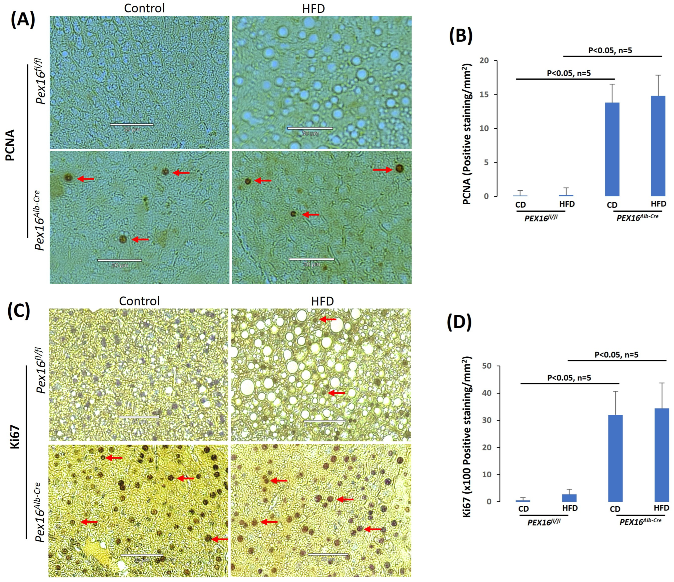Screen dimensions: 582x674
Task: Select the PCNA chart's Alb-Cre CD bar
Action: [x=612, y=149]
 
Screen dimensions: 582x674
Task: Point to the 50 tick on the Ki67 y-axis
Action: [x=487, y=366]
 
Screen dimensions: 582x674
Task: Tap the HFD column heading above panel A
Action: [x=313, y=9]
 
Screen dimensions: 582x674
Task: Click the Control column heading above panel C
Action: [x=139, y=301]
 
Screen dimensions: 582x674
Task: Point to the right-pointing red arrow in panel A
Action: [x=383, y=170]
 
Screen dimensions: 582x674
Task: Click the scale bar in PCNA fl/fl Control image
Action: [x=132, y=125]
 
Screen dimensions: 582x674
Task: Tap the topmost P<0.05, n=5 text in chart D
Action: [x=616, y=355]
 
